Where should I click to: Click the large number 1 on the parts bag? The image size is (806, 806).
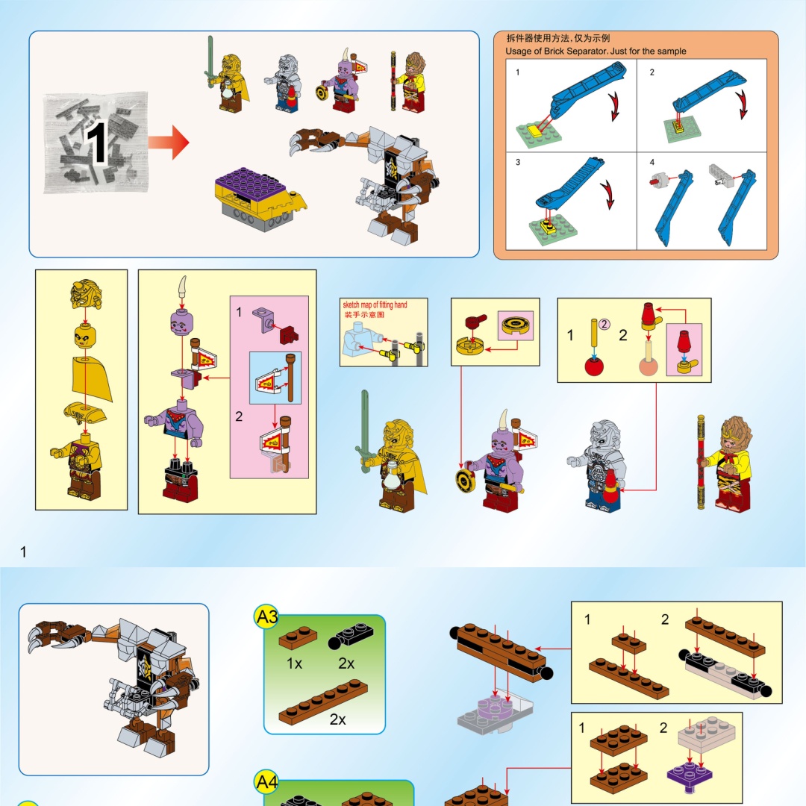click(96, 143)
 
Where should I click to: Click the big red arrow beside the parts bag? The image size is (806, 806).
click(169, 143)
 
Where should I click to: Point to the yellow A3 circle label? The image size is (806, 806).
click(266, 616)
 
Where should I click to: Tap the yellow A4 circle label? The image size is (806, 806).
click(266, 782)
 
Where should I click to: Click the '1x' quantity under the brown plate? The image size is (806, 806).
click(294, 663)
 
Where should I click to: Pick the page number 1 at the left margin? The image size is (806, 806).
click(23, 552)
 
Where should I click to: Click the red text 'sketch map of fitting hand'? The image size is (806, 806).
click(375, 304)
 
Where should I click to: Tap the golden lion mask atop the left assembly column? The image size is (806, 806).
click(86, 294)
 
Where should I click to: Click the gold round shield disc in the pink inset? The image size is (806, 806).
click(516, 324)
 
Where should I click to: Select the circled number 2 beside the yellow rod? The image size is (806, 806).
click(604, 324)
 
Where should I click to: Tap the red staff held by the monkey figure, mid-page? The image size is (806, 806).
click(701, 462)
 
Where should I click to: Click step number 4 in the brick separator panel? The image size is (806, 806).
click(652, 163)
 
